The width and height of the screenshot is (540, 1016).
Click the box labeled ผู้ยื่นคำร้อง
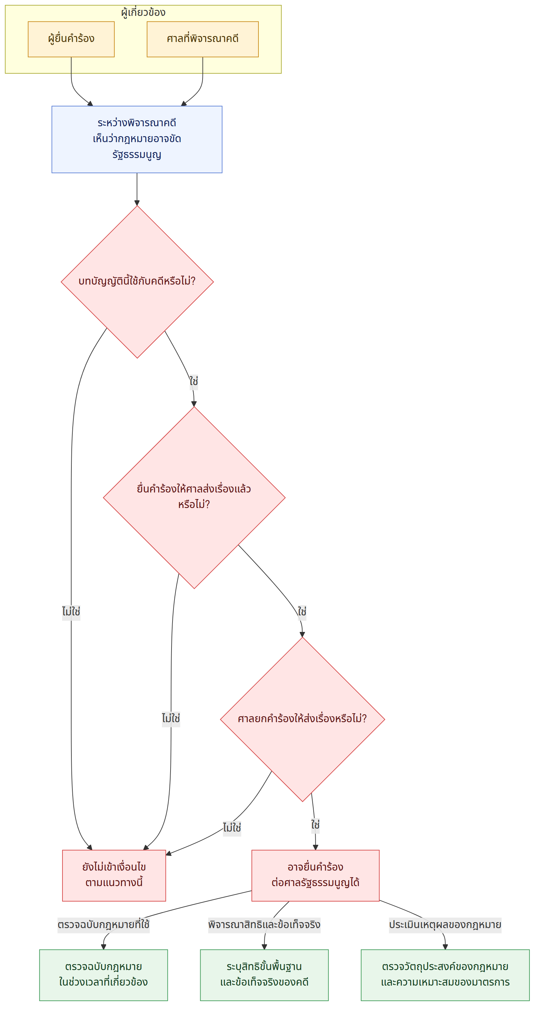coord(71,39)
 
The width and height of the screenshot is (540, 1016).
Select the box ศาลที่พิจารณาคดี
coord(202,39)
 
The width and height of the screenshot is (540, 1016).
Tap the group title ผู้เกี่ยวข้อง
coord(143,12)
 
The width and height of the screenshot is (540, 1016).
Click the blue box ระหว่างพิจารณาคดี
coord(137,139)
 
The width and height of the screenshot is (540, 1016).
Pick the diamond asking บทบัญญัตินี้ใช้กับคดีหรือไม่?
coord(137,282)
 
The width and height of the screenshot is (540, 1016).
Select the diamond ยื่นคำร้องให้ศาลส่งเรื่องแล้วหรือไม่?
coord(194,497)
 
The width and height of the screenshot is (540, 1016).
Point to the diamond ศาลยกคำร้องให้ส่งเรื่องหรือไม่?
coord(302,719)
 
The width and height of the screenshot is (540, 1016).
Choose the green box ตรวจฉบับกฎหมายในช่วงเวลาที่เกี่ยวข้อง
coord(103,975)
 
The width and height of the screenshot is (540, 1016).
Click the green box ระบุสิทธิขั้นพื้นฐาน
coord(264,975)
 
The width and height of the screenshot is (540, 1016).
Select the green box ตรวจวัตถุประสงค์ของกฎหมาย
coord(445,975)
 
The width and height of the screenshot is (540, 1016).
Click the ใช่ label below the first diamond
coord(194,381)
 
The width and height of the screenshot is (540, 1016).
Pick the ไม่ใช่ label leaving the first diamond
coord(71,612)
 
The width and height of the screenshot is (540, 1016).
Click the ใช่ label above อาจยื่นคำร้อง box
coord(315,825)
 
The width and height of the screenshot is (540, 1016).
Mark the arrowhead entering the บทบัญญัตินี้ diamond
coord(137,203)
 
